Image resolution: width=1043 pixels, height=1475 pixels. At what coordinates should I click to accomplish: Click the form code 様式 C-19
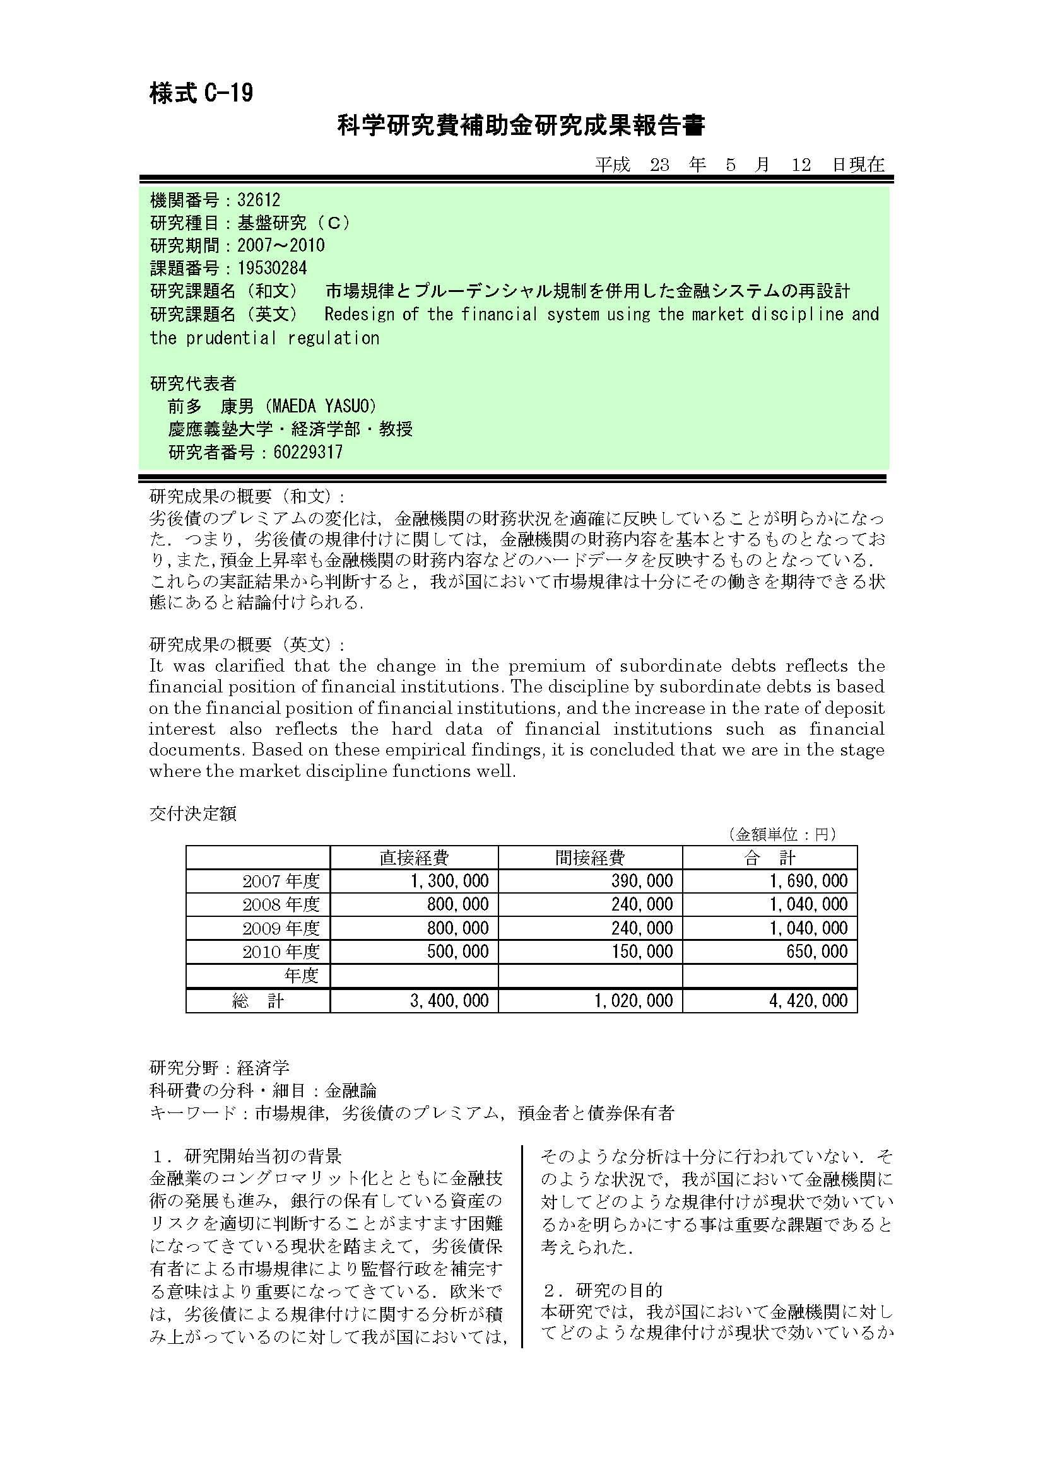(201, 94)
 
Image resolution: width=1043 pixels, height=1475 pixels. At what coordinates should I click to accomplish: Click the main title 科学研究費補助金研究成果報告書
(521, 125)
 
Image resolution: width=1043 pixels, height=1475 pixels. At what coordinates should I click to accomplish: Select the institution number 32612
(259, 200)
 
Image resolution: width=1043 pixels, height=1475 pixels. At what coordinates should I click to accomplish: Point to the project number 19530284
(273, 268)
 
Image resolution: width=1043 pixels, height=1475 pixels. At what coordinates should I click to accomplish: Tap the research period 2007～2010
(281, 245)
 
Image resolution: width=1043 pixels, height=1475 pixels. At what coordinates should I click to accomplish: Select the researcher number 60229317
(308, 452)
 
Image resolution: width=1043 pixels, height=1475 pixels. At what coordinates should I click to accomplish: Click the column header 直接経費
(414, 858)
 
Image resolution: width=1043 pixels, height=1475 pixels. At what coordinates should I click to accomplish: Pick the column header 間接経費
(590, 858)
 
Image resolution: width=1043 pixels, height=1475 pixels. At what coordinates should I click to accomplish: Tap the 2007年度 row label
(281, 882)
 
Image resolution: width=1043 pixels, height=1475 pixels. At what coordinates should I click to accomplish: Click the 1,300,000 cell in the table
(450, 882)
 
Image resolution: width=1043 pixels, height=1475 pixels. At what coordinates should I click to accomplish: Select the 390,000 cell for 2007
(641, 882)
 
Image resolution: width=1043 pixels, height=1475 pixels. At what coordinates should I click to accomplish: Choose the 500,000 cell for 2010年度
(457, 952)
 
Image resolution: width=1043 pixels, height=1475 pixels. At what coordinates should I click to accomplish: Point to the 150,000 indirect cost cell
(641, 952)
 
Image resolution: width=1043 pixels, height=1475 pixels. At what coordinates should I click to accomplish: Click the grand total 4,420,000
(808, 1001)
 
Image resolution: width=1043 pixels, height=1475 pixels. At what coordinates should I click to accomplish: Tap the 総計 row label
(257, 1001)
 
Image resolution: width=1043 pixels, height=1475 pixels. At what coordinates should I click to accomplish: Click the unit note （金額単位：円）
(783, 834)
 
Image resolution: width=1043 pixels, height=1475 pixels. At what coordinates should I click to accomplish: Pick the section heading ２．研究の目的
(602, 1290)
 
